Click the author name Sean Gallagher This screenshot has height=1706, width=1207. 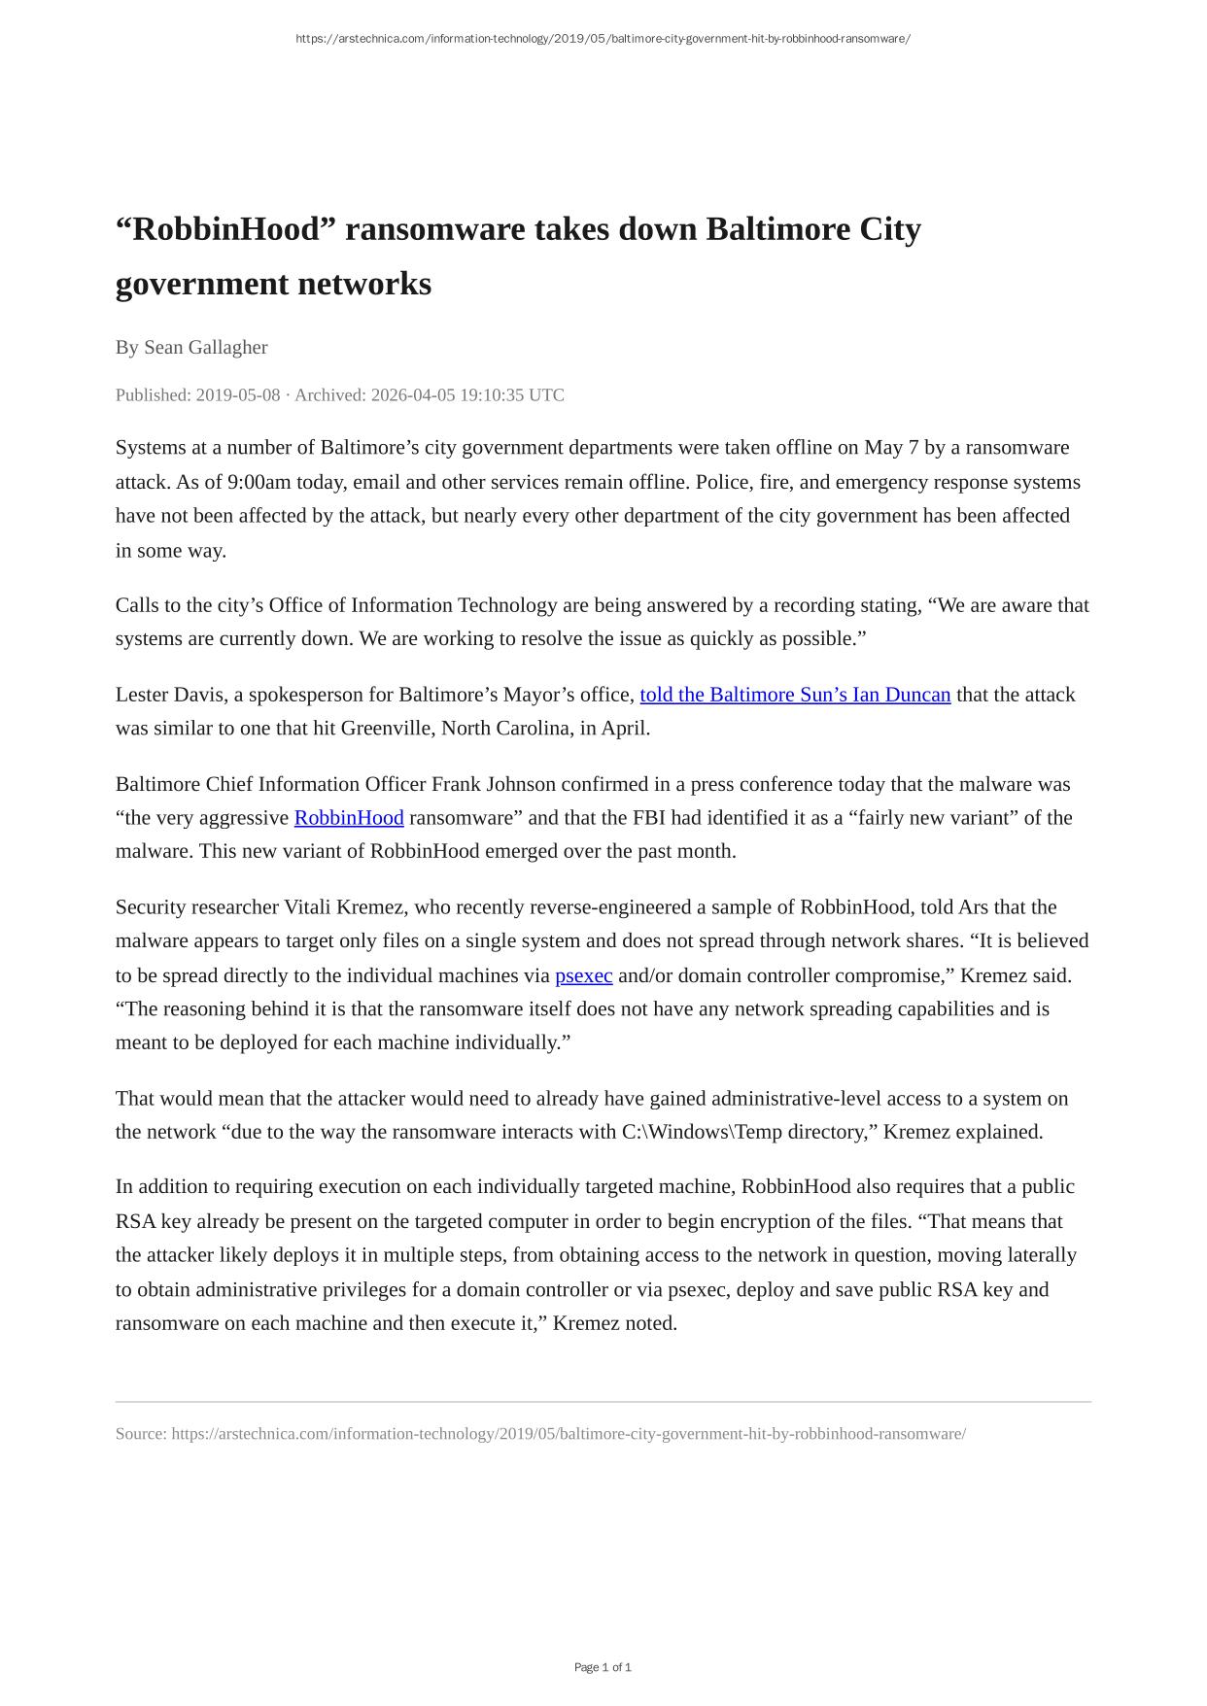[x=205, y=347]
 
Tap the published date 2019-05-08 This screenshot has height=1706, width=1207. [x=237, y=395]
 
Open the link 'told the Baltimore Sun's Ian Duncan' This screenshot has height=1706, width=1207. [x=794, y=695]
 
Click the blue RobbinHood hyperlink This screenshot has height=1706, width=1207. [x=349, y=818]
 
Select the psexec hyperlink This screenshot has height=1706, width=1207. [x=583, y=975]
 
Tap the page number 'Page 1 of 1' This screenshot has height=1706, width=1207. [x=603, y=1667]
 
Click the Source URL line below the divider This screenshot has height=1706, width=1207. [x=540, y=1434]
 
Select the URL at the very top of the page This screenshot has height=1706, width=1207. [x=603, y=39]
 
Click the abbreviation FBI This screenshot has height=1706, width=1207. [x=648, y=818]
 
